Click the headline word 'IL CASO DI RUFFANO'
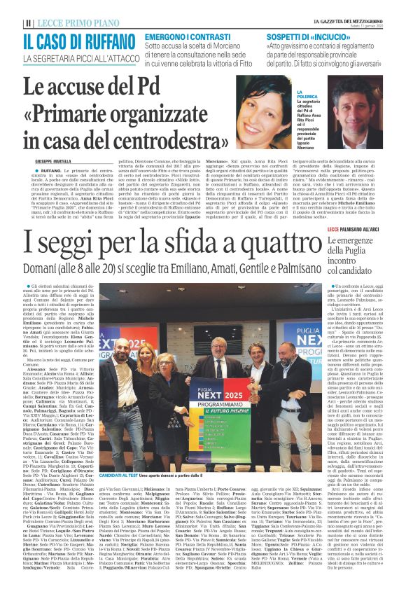click(x=77, y=41)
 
